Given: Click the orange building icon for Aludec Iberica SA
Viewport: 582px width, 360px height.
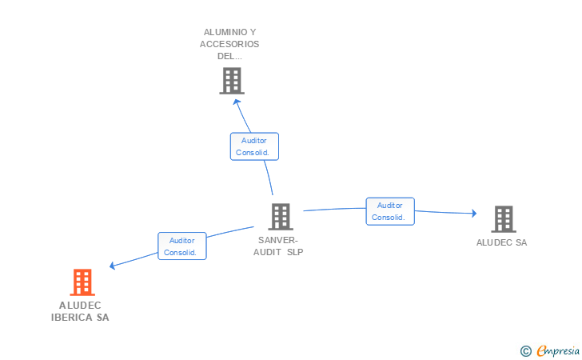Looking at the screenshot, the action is click(82, 282).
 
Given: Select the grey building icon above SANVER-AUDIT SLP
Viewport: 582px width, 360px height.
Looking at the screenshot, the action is click(281, 217).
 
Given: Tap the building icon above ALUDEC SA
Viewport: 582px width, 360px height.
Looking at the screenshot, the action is click(504, 219).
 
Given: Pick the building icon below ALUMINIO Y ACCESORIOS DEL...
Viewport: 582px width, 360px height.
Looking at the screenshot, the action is click(232, 81).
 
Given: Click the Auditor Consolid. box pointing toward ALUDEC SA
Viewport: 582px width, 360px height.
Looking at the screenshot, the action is click(390, 211).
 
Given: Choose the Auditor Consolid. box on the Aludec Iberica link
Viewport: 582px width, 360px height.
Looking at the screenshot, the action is click(182, 246).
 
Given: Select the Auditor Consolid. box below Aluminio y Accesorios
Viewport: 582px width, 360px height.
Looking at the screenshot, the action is click(254, 146).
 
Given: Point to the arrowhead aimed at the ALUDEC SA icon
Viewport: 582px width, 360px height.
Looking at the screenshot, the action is click(474, 214).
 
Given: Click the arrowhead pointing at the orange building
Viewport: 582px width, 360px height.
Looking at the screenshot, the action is click(112, 266).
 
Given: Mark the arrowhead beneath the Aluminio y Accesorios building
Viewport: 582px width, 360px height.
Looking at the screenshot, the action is click(237, 102).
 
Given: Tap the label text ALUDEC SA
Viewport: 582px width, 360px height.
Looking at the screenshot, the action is click(501, 242).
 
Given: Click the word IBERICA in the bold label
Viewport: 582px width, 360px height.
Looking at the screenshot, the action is click(72, 318).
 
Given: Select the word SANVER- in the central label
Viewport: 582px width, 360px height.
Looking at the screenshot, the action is click(278, 240).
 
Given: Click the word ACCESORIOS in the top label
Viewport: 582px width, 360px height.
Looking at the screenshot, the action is click(229, 44).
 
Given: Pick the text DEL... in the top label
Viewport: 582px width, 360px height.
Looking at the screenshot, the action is click(229, 56).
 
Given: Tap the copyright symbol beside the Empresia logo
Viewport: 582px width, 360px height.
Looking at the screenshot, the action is click(525, 351).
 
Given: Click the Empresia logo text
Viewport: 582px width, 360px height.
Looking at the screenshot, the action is click(558, 350).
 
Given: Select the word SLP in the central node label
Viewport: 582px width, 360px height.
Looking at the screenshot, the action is click(295, 252).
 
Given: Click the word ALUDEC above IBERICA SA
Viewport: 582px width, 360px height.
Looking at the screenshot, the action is click(80, 306).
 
